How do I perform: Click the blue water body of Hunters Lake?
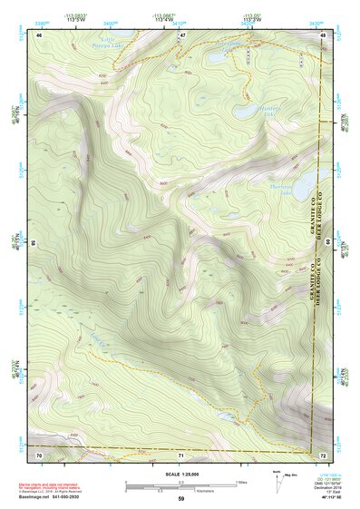click(247, 112)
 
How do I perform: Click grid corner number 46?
click(39, 34)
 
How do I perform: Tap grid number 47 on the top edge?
click(181, 34)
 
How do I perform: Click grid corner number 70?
click(39, 453)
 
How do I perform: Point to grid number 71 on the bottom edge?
click(181, 453)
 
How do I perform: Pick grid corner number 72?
click(323, 453)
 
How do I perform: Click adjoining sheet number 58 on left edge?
click(34, 243)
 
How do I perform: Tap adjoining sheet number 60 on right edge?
click(329, 243)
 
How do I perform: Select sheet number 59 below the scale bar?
click(181, 498)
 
